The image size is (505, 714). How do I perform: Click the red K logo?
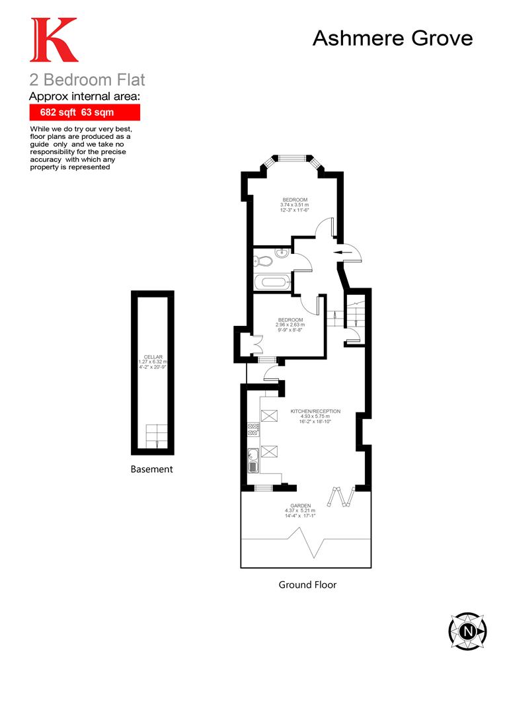(x=53, y=40)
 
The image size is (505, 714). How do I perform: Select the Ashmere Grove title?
(x=392, y=38)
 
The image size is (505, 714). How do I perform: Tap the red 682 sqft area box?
(x=85, y=112)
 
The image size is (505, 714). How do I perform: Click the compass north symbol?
(x=467, y=630)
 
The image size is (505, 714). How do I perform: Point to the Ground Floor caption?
(x=307, y=584)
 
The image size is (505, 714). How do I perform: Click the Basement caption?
(x=151, y=469)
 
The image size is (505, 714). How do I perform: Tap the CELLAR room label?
(x=153, y=357)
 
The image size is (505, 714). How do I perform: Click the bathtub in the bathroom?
(x=272, y=282)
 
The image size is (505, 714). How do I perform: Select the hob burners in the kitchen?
(x=252, y=430)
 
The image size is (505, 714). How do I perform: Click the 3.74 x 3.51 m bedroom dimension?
(x=295, y=205)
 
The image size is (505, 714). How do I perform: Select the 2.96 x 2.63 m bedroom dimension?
(x=290, y=325)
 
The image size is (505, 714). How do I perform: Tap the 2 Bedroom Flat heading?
(x=87, y=81)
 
